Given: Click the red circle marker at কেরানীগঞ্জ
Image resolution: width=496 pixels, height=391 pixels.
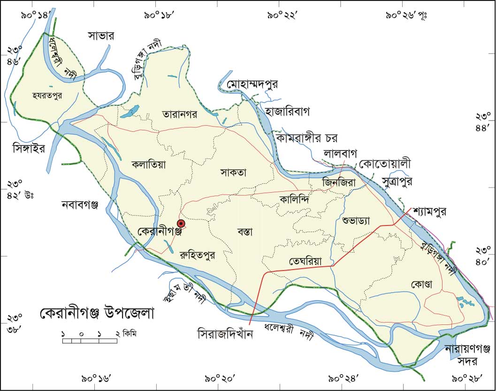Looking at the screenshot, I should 181,224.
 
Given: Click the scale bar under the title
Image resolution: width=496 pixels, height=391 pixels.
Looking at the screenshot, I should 90,340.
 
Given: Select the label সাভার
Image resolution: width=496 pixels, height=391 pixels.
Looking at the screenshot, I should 101,36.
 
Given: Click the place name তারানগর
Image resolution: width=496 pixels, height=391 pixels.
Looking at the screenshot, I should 181,114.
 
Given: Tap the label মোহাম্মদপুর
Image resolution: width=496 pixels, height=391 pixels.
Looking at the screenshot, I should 252,85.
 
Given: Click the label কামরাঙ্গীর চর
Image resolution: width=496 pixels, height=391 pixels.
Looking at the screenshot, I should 307,138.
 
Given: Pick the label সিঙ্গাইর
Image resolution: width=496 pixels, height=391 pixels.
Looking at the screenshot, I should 28,149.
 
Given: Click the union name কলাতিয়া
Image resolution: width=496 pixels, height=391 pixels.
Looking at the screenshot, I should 149,165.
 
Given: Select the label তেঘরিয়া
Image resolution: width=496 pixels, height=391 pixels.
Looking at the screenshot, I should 305,262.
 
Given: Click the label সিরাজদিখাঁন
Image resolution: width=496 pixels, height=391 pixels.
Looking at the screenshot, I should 225,335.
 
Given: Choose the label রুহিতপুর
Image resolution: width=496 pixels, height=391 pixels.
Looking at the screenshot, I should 197,256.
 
